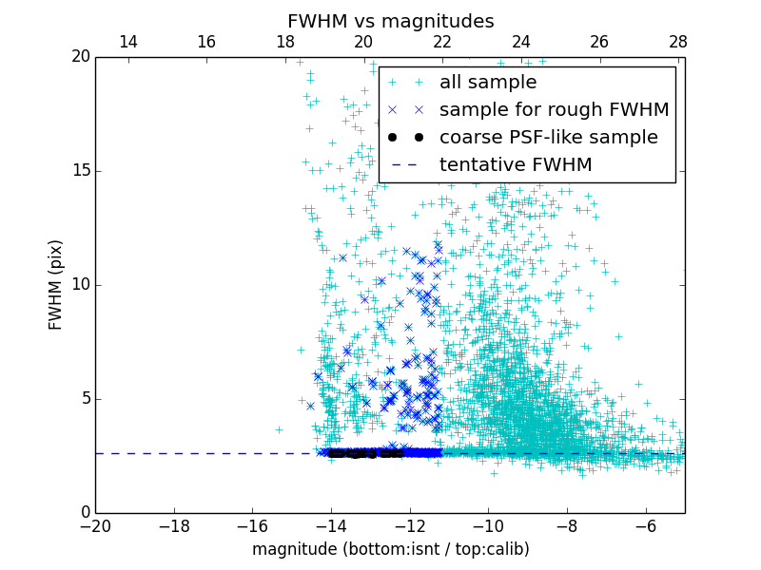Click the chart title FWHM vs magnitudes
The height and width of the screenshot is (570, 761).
(x=390, y=21)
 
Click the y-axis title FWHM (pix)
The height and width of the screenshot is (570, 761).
(x=56, y=284)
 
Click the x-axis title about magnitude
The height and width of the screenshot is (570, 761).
(x=390, y=549)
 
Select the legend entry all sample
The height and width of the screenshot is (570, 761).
(x=488, y=83)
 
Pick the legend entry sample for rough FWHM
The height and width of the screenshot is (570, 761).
(x=554, y=110)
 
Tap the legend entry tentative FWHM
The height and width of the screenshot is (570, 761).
(x=516, y=165)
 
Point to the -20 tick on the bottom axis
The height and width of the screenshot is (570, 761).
(x=95, y=525)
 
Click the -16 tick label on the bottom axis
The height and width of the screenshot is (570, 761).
(x=252, y=525)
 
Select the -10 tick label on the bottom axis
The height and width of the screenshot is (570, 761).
(x=488, y=525)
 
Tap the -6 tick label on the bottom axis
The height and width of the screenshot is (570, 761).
(x=645, y=525)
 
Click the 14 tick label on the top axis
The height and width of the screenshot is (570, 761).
(x=127, y=42)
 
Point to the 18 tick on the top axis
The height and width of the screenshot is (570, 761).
(x=285, y=42)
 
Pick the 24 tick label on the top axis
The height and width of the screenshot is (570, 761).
(x=521, y=42)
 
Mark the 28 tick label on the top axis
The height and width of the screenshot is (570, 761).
(x=678, y=42)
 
